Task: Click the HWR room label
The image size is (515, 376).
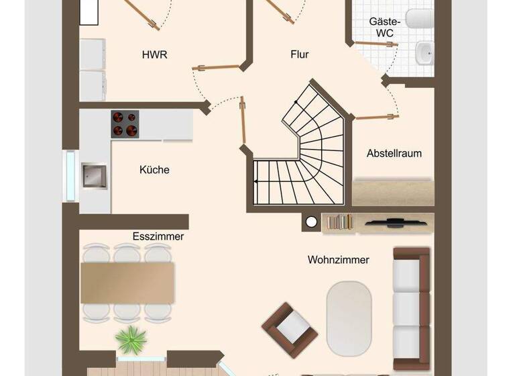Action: pyautogui.click(x=154, y=54)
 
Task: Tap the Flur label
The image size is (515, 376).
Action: pyautogui.click(x=299, y=54)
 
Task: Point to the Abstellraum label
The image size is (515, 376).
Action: pyautogui.click(x=394, y=153)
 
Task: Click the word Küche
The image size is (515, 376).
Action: pyautogui.click(x=154, y=170)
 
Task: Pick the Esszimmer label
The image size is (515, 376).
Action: pyautogui.click(x=158, y=236)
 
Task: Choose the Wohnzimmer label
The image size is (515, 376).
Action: pyautogui.click(x=339, y=259)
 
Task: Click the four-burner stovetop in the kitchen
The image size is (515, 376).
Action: pyautogui.click(x=124, y=124)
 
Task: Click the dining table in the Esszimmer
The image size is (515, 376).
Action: pyautogui.click(x=127, y=283)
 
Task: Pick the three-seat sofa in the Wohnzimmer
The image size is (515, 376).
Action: pyautogui.click(x=411, y=308)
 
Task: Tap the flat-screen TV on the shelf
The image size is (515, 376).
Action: pyautogui.click(x=396, y=220)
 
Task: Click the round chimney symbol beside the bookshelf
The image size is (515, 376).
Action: pyautogui.click(x=311, y=222)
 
